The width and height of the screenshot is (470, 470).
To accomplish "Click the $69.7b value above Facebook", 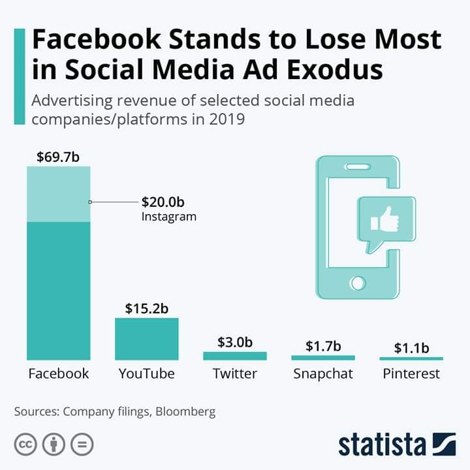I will [x=59, y=157].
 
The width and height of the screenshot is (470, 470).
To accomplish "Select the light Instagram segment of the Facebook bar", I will [x=59, y=194].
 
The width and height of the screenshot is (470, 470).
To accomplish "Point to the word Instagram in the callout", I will [x=168, y=216].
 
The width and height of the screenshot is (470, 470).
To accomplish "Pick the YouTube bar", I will [x=147, y=339].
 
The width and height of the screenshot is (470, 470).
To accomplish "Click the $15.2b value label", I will [x=147, y=308].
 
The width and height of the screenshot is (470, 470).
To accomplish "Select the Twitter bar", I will [x=235, y=356].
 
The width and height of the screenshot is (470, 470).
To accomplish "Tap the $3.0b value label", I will [x=235, y=342].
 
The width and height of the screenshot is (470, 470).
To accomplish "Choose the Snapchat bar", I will [x=323, y=358].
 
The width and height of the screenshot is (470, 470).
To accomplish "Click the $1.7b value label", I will [x=323, y=346].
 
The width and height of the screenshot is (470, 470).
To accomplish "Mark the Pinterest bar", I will [x=411, y=358].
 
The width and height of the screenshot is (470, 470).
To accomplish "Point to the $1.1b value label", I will [x=411, y=348].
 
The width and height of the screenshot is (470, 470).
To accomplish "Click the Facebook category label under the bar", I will [x=59, y=374].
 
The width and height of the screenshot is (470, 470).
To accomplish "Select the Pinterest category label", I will [x=411, y=374].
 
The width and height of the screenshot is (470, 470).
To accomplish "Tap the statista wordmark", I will [x=381, y=444].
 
